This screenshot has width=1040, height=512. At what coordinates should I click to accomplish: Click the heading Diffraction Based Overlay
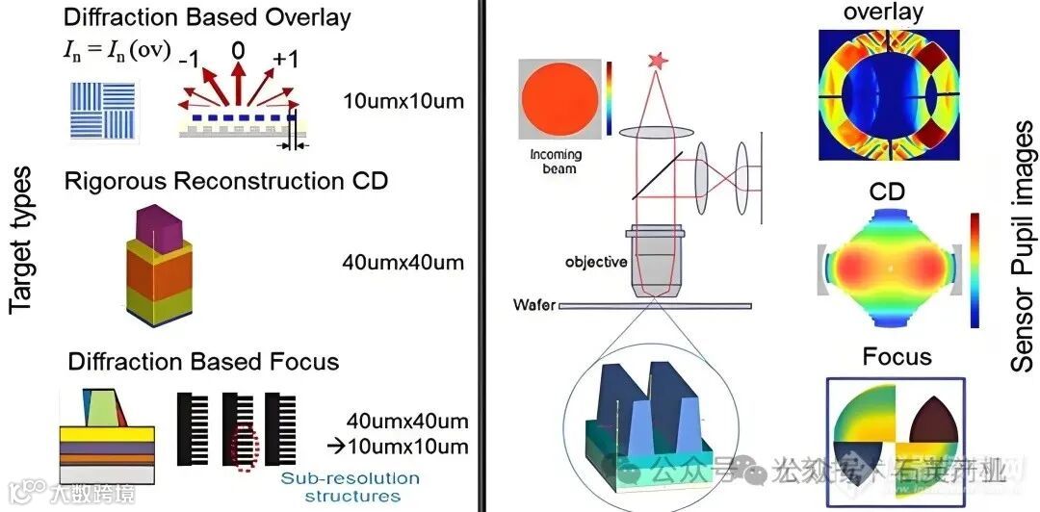(x=207, y=16)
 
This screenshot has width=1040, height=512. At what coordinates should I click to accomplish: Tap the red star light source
(x=659, y=62)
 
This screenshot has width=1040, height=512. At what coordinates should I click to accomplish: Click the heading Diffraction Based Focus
(x=203, y=362)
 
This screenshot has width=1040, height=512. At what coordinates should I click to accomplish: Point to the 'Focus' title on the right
(x=897, y=357)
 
